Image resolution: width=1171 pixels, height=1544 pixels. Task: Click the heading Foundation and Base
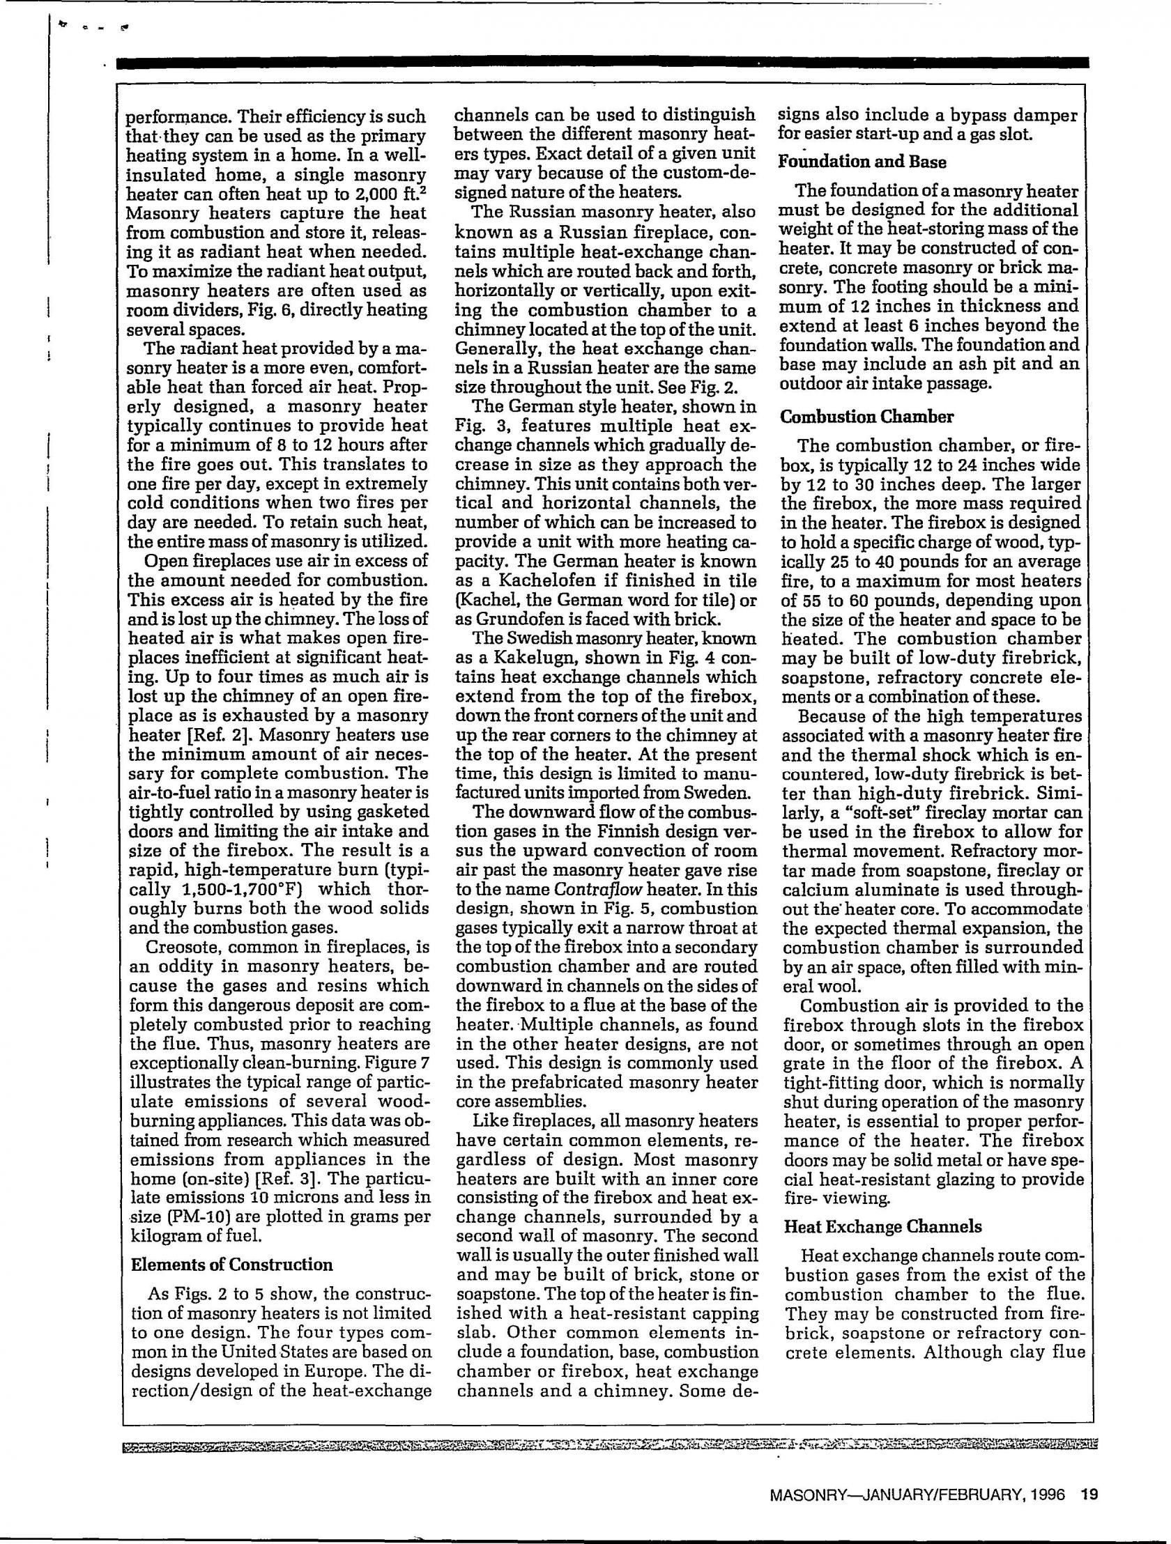coord(863,162)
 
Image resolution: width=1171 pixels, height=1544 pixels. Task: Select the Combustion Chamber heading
coord(866,417)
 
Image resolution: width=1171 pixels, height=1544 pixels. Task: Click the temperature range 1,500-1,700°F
coord(250,890)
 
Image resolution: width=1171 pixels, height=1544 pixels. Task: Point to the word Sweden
coord(723,793)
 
